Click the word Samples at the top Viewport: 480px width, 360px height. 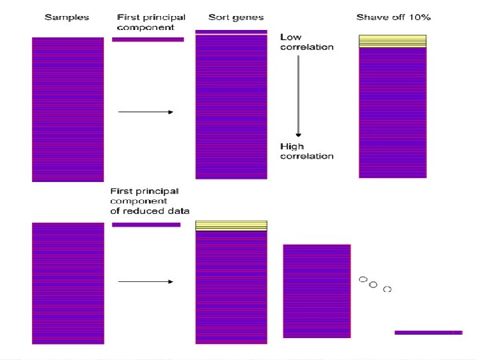[x=66, y=17]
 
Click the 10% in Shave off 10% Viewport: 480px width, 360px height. [x=418, y=17]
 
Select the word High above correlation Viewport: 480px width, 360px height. [x=292, y=147]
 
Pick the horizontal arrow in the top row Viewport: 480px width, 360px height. [x=145, y=112]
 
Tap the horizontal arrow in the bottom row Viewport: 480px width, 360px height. [x=145, y=281]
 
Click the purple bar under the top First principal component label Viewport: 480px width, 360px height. [x=147, y=39]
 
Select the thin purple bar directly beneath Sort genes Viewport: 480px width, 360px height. [x=231, y=31]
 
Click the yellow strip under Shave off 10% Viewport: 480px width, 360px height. [x=392, y=41]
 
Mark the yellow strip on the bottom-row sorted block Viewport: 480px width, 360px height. [x=231, y=225]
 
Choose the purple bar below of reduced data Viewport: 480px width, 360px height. [x=146, y=225]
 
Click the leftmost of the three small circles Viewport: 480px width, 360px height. [x=363, y=279]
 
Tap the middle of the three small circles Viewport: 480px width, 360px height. [x=373, y=285]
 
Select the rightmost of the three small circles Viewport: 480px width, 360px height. [x=387, y=289]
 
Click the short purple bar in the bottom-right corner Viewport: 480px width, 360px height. [x=428, y=332]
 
